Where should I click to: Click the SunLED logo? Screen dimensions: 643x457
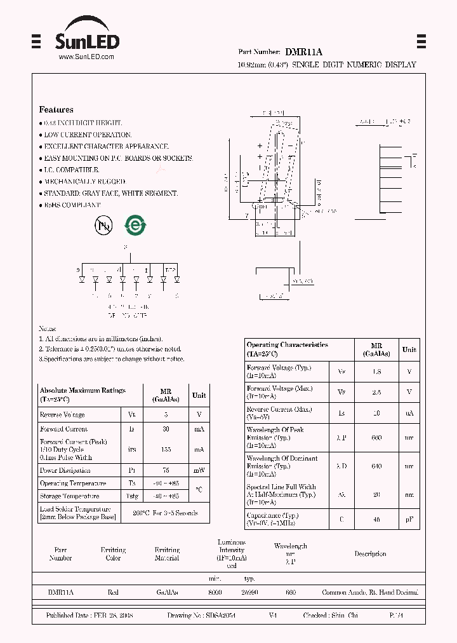tap(86, 37)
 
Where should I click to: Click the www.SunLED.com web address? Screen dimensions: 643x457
tap(86, 57)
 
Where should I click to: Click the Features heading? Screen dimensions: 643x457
tap(56, 109)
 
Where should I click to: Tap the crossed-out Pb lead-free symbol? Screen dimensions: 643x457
tap(103, 225)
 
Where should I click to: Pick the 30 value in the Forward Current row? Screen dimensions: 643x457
tap(166, 429)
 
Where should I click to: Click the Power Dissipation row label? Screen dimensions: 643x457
tap(65, 470)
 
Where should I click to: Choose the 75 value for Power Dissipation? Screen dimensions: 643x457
tap(166, 470)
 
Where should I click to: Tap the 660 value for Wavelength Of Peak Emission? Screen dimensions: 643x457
tap(376, 437)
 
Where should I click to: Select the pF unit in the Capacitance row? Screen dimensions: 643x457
tap(409, 520)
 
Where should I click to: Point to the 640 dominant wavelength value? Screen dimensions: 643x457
tap(376, 466)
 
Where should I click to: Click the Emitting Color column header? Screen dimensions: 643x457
tap(113, 554)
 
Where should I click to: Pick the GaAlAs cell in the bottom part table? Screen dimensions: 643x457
tap(167, 592)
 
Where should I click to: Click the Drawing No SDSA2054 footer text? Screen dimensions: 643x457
tap(201, 616)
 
